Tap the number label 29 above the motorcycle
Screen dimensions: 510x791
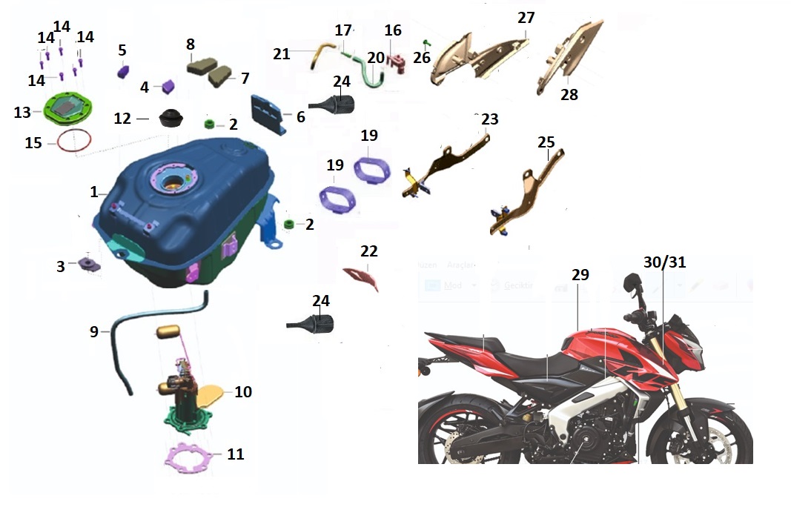pos(580,274)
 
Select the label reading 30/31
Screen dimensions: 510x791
pos(665,262)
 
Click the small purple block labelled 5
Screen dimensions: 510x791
pos(124,72)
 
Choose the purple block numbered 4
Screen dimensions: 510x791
pos(168,86)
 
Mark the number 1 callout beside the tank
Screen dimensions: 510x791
pos(94,192)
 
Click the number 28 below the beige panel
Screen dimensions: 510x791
pos(569,95)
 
